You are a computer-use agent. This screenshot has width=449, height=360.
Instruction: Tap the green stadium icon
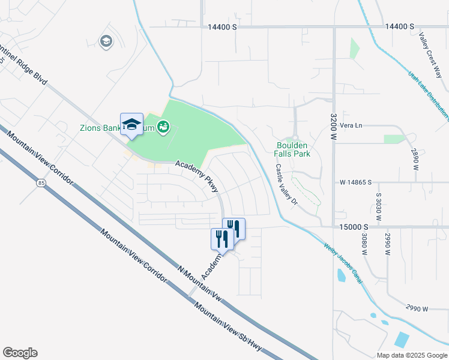click(162, 127)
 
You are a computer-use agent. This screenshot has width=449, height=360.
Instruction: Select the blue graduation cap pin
click(131, 124)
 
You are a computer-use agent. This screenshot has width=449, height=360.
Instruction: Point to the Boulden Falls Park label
click(292, 149)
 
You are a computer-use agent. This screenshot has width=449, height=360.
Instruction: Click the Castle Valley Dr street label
click(286, 185)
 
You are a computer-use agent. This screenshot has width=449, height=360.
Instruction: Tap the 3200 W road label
click(334, 127)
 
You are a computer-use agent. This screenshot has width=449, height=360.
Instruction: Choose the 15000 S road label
click(352, 227)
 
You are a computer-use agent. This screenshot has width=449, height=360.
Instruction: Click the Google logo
click(20, 353)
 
